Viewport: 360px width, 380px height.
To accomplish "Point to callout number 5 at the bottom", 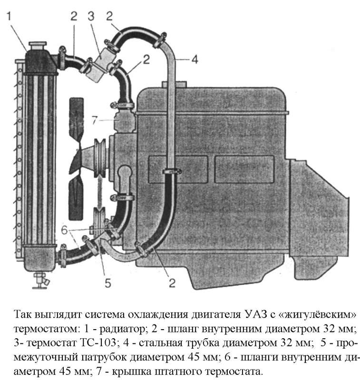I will coord(108,283).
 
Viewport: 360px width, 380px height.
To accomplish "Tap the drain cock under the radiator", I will coord(39,281).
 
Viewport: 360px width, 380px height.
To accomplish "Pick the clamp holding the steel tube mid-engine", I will coord(173,170).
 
